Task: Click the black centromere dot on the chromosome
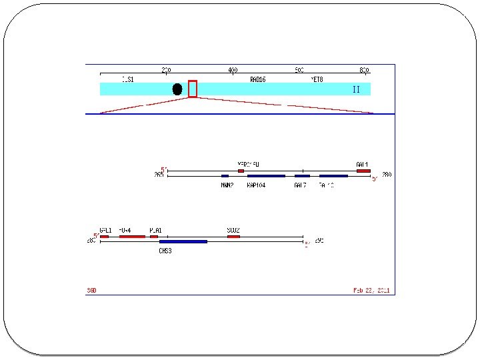[177, 89]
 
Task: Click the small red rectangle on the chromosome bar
[193, 89]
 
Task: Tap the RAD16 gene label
[258, 79]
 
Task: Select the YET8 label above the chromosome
[317, 79]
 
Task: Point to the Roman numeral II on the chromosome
[356, 89]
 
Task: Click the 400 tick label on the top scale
[233, 69]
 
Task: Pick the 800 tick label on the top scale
[364, 69]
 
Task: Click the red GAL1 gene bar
[363, 171]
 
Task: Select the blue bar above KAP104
[266, 176]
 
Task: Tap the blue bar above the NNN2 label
[225, 176]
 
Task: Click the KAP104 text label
[256, 185]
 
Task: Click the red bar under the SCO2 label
[233, 236]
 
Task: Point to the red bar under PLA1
[154, 236]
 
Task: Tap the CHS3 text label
[165, 251]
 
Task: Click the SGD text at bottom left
[91, 290]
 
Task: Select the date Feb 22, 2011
[371, 290]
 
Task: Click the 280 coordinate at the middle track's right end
[387, 175]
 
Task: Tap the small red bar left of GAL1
[241, 171]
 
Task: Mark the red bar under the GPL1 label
[105, 236]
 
